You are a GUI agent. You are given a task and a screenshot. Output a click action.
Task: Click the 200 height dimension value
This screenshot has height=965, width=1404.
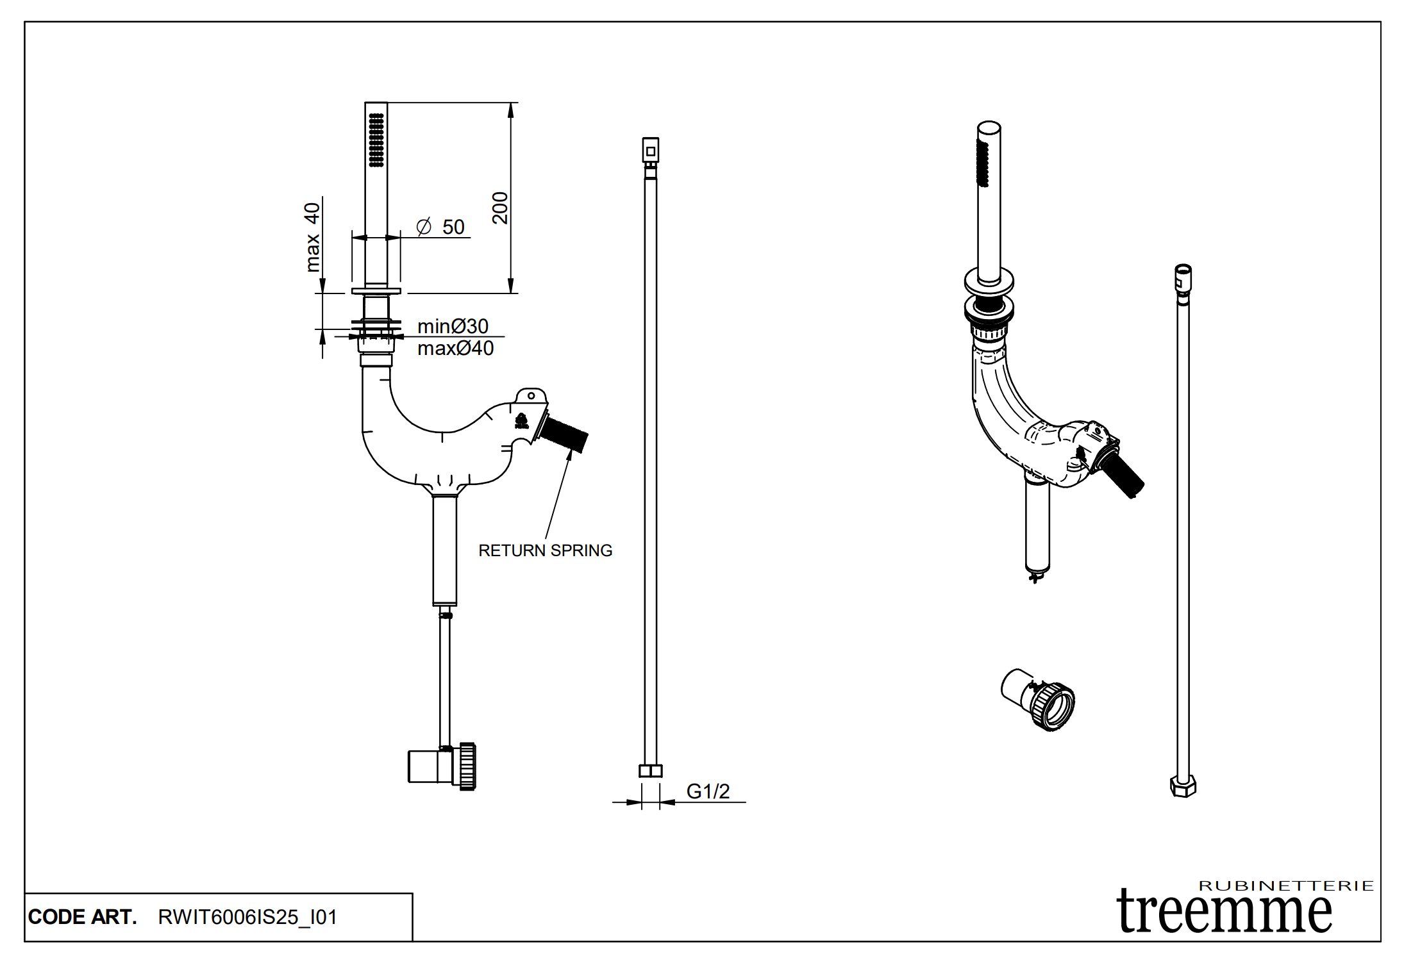pos(500,208)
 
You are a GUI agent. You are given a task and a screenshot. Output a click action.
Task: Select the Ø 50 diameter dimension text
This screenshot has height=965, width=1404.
pos(441,227)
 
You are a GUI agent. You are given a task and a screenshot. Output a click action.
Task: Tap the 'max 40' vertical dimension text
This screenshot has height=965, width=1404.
pos(312,237)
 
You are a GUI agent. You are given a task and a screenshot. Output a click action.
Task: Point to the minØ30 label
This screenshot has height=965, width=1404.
pos(453,326)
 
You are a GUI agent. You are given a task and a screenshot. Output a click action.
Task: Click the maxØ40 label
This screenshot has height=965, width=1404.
pos(455,349)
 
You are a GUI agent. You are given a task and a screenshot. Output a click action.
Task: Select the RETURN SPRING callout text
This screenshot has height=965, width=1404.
pos(545,550)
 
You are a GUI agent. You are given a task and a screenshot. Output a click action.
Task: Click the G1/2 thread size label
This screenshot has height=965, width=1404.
pos(708,791)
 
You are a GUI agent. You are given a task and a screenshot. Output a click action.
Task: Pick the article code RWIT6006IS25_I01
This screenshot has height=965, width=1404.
pos(247,917)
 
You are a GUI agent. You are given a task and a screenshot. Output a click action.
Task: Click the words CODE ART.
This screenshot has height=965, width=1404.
pos(83,917)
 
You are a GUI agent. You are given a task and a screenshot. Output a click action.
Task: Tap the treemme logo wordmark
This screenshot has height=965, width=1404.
pos(1224,912)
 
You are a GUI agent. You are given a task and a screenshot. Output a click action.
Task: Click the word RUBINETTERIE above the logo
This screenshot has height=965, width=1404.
pos(1286,886)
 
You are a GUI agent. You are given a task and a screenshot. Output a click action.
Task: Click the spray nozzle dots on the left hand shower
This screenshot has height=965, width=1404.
pos(376,140)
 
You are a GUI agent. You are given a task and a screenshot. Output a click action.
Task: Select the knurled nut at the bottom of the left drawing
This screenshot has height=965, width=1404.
pos(467,766)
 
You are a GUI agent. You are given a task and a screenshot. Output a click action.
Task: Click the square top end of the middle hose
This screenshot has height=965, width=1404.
pos(651,151)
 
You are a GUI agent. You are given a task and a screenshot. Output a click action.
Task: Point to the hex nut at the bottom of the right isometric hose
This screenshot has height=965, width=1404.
pos(1183,786)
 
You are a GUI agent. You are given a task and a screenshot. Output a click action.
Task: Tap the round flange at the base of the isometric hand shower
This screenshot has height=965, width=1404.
pos(989,281)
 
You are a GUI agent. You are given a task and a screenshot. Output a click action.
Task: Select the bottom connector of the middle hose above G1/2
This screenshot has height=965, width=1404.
pos(651,771)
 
